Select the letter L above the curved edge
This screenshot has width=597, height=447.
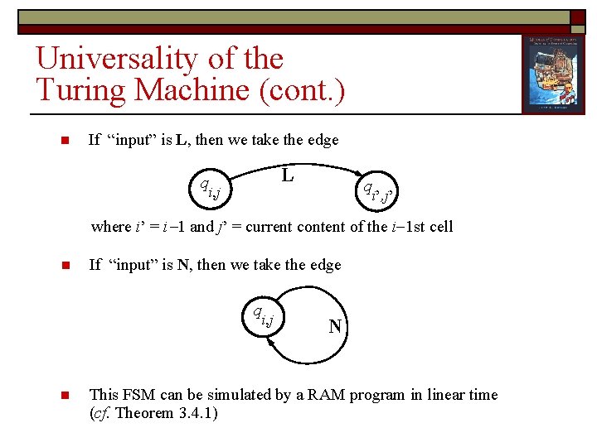[287, 175]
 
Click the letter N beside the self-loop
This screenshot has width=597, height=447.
[335, 326]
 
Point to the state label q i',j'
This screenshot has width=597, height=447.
[378, 193]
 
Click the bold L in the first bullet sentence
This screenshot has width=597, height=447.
[182, 140]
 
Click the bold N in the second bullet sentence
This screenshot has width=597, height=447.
[182, 265]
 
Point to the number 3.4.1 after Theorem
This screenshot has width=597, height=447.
[195, 412]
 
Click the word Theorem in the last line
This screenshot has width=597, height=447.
[143, 412]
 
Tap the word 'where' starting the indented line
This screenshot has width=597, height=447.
[110, 226]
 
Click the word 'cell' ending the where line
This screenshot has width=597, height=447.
[439, 226]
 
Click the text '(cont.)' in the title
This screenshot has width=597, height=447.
[303, 89]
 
